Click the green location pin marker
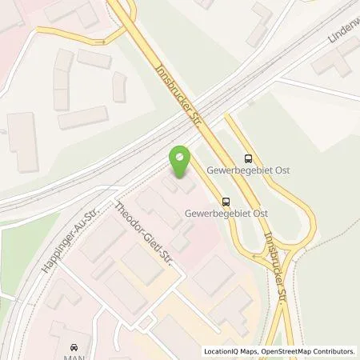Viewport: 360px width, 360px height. [x=182, y=160]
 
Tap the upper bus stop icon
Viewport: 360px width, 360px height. [x=248, y=158]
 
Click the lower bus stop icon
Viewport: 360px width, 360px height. [x=226, y=202]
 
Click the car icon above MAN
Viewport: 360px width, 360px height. [x=74, y=347]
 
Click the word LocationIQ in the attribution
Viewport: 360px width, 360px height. [x=221, y=350]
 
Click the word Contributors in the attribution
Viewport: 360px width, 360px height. [x=333, y=350]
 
